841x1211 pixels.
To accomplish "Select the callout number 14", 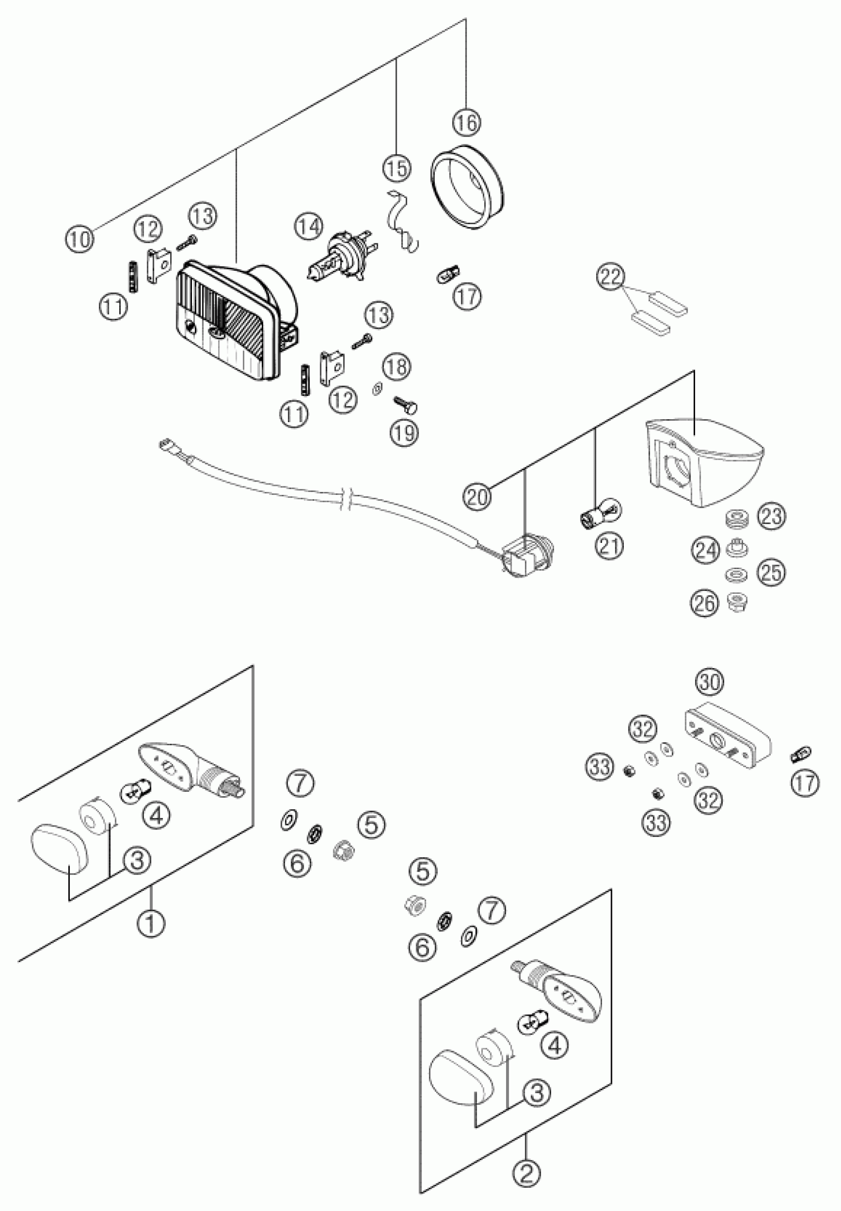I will pyautogui.click(x=308, y=227).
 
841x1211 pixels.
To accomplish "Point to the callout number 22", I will pyautogui.click(x=611, y=277).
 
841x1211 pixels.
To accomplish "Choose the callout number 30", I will pyautogui.click(x=710, y=682).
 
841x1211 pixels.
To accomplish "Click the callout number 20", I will pyautogui.click(x=477, y=497).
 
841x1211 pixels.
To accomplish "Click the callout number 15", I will pyautogui.click(x=396, y=169).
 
